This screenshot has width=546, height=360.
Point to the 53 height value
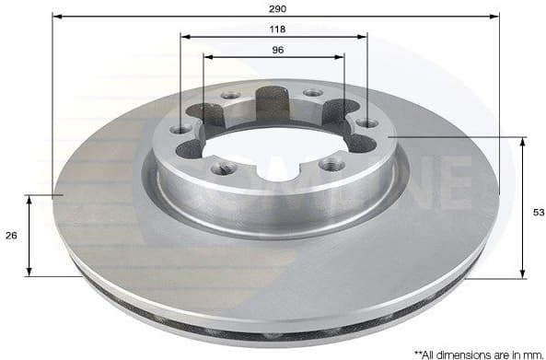539,212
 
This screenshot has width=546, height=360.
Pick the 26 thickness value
11,237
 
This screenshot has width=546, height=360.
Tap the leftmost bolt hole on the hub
181,129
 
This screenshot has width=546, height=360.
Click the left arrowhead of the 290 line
55,17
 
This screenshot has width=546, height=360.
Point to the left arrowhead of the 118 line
184,37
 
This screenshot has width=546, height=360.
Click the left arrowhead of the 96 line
206,57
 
